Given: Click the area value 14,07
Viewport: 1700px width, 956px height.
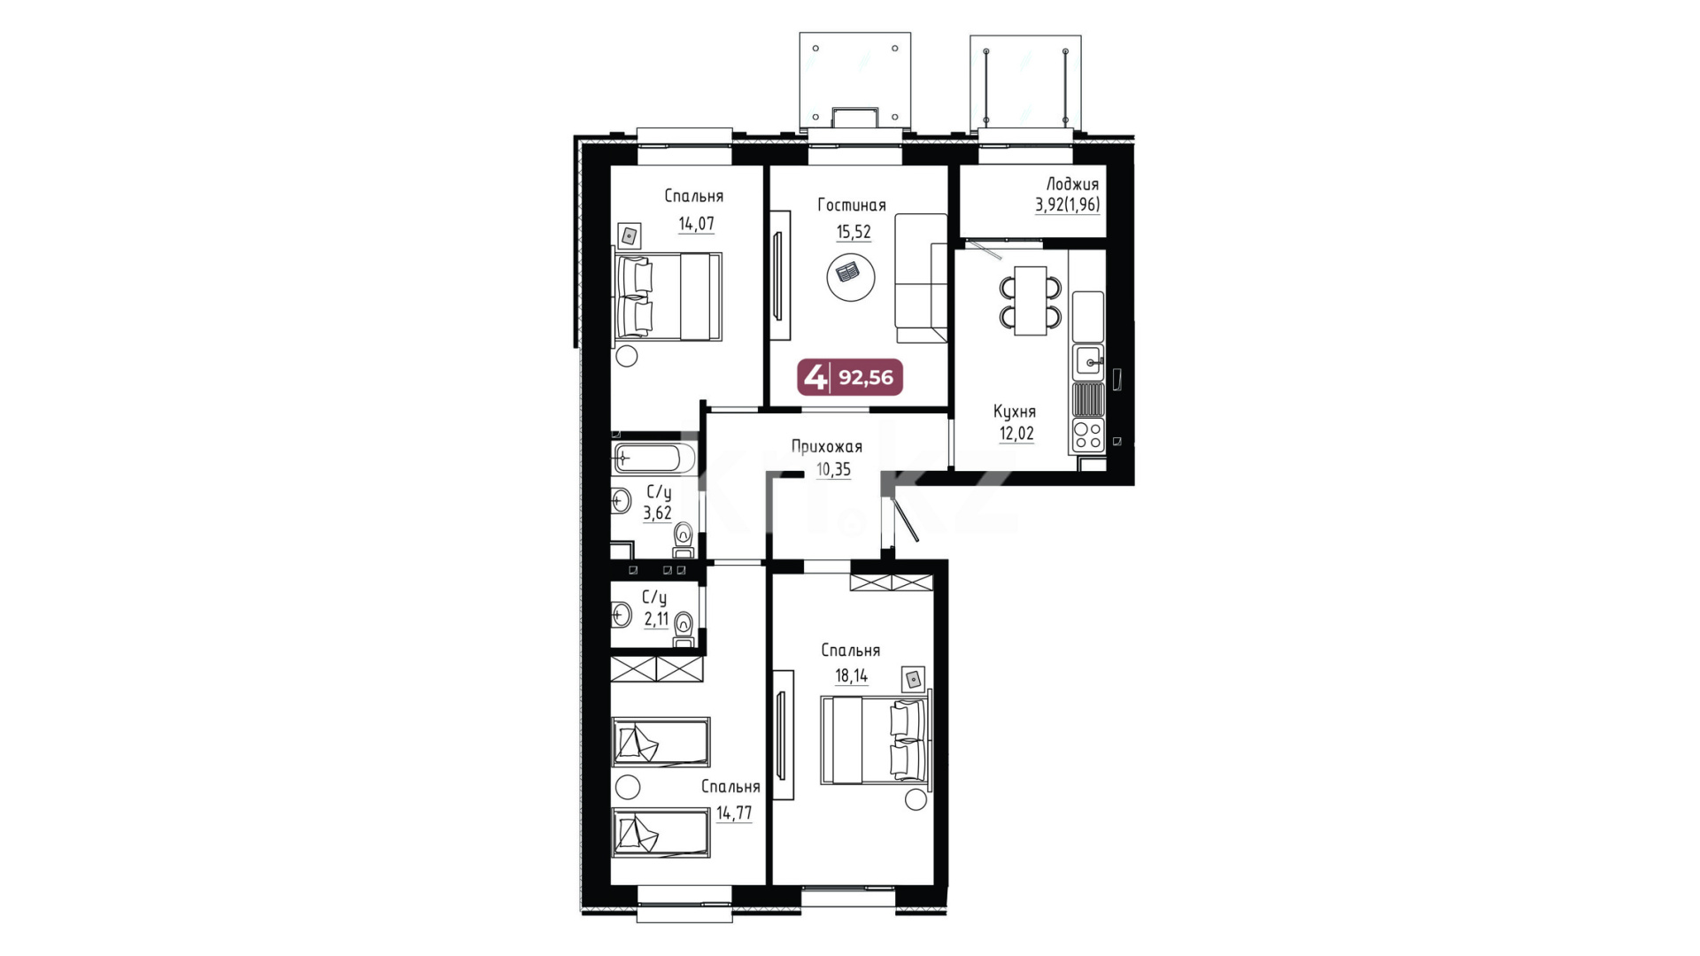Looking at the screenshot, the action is [x=696, y=224].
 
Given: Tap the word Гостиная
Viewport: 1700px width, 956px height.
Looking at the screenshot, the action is [x=851, y=205].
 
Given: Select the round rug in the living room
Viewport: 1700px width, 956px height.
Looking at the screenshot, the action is [x=851, y=277].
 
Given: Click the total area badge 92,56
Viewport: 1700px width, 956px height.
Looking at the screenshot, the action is [x=850, y=377].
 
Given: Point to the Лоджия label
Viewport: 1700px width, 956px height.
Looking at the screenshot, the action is [x=1072, y=184].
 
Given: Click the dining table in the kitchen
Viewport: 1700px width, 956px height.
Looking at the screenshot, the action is [x=1031, y=301].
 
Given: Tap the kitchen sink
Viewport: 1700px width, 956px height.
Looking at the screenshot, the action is [x=1088, y=362].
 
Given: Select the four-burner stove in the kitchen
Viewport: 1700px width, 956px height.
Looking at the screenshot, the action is [x=1088, y=435].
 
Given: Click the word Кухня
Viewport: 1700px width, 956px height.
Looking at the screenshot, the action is [x=1015, y=412].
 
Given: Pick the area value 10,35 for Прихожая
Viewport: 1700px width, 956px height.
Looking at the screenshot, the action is [x=833, y=469].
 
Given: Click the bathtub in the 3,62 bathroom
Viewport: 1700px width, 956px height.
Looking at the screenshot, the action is [x=654, y=459].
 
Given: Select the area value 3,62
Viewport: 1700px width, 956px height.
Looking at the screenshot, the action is [x=657, y=513].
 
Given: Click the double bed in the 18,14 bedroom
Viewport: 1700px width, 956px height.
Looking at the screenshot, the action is [x=876, y=739].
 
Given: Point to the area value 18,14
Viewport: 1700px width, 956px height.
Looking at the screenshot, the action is [x=851, y=676].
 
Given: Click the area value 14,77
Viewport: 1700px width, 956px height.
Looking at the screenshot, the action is [x=734, y=813].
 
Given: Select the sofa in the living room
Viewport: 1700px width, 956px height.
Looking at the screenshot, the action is [x=921, y=278].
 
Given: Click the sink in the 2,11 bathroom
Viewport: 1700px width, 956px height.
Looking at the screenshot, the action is [x=621, y=613].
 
